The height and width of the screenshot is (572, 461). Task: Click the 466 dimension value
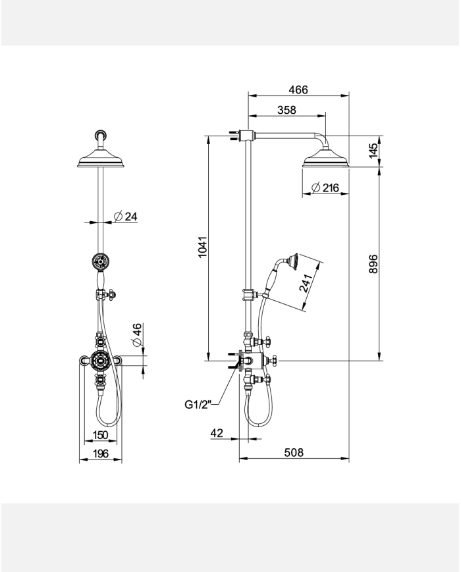(x=298, y=90)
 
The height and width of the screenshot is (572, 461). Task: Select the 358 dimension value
(x=286, y=111)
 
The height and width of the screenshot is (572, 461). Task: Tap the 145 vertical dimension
(x=373, y=151)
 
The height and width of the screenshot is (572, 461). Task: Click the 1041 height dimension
(x=203, y=247)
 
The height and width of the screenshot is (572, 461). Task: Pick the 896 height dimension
(x=373, y=264)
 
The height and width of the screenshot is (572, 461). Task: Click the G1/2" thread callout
(x=197, y=405)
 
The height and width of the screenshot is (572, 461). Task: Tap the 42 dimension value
(x=217, y=432)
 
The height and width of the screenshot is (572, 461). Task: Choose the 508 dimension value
(x=293, y=452)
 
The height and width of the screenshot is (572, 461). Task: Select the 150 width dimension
(x=100, y=434)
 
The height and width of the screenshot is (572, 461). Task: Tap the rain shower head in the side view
(x=326, y=160)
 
